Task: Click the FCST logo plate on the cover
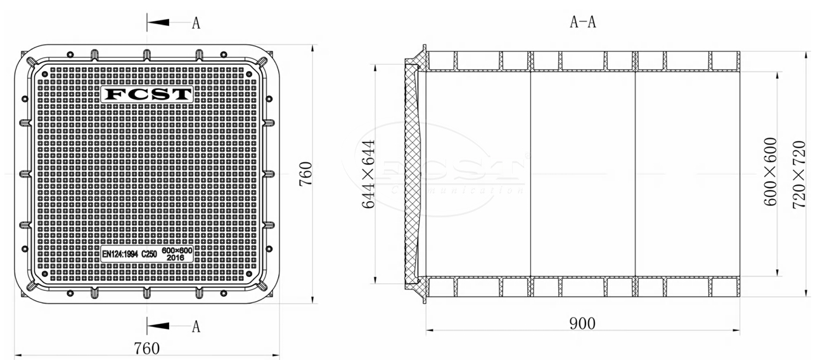147,94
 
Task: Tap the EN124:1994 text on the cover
120,254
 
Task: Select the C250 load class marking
149,254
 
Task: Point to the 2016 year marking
175,258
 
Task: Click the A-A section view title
582,23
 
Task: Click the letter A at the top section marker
196,23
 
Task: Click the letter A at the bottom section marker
196,326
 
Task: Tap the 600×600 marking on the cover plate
177,251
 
